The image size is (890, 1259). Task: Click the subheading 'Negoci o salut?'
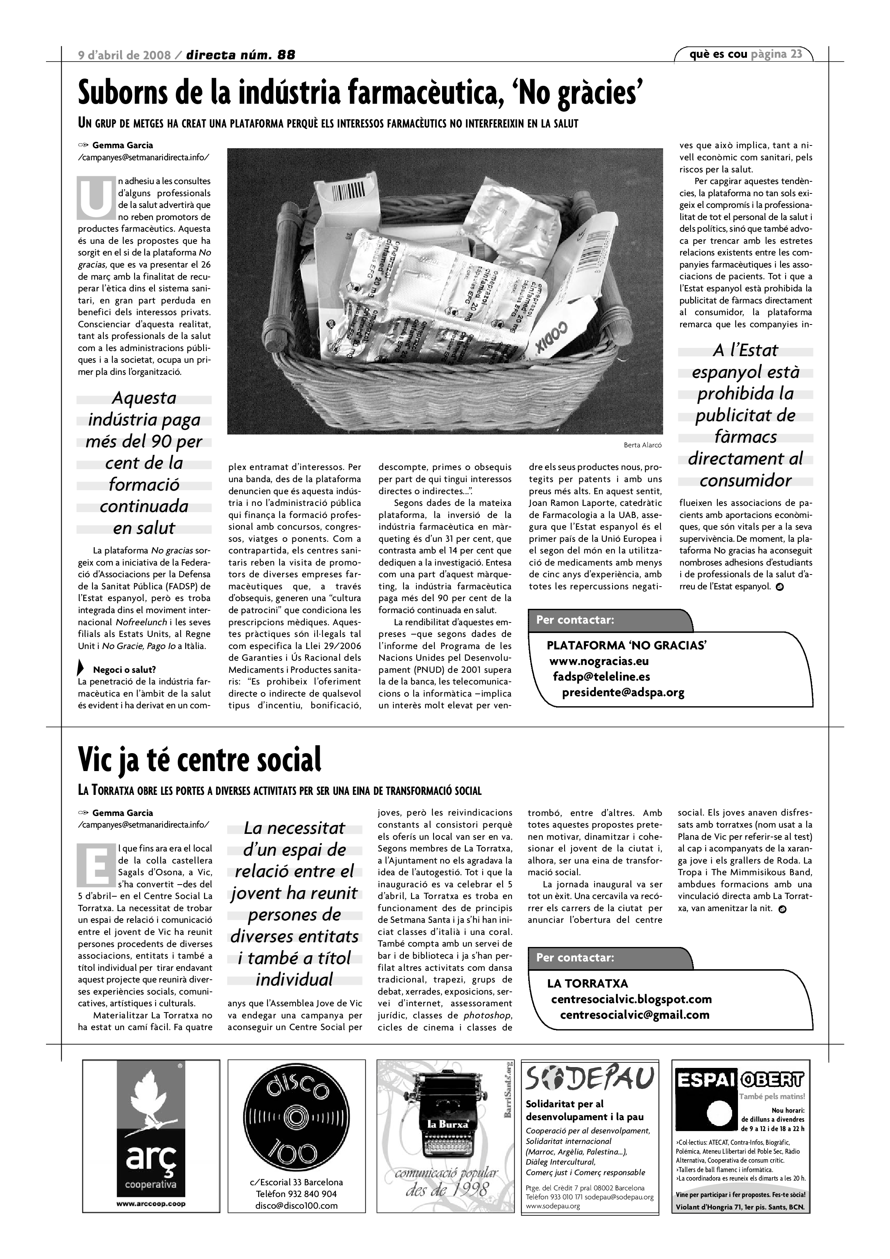point(124,670)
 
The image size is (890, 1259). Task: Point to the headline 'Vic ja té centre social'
point(200,759)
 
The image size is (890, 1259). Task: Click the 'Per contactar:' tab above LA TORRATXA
point(575,958)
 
